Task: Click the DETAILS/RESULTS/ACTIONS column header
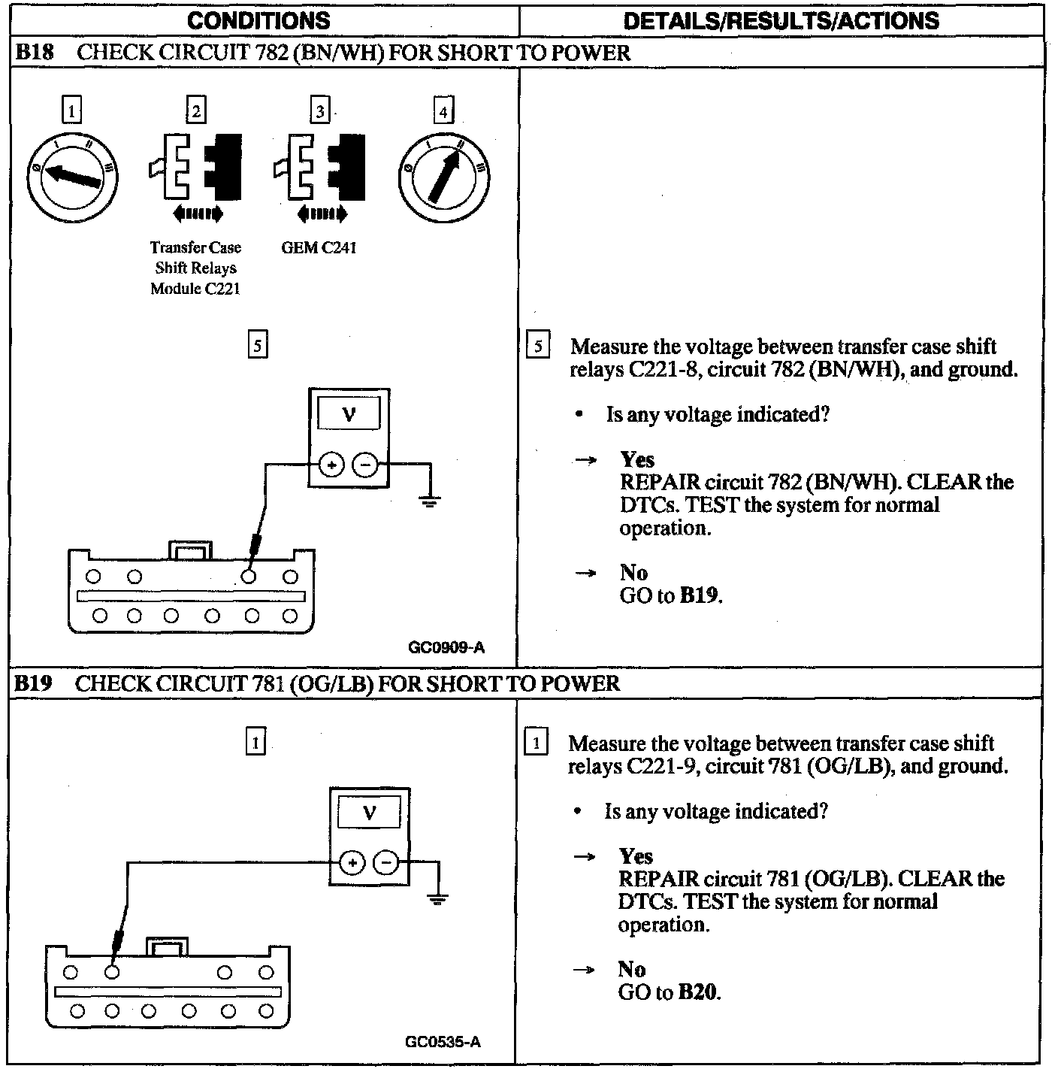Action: (x=781, y=20)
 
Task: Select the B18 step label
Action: (x=34, y=53)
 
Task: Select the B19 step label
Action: (x=34, y=683)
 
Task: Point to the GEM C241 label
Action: (x=319, y=247)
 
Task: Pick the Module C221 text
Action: (x=195, y=289)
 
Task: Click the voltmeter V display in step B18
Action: (x=349, y=413)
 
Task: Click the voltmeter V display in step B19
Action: (x=369, y=812)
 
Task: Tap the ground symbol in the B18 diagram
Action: (x=429, y=499)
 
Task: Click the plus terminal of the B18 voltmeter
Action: (x=331, y=465)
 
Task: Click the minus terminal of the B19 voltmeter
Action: (x=386, y=862)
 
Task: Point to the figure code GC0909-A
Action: (x=447, y=647)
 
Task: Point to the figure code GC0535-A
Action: (x=443, y=1041)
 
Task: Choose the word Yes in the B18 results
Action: (x=637, y=459)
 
